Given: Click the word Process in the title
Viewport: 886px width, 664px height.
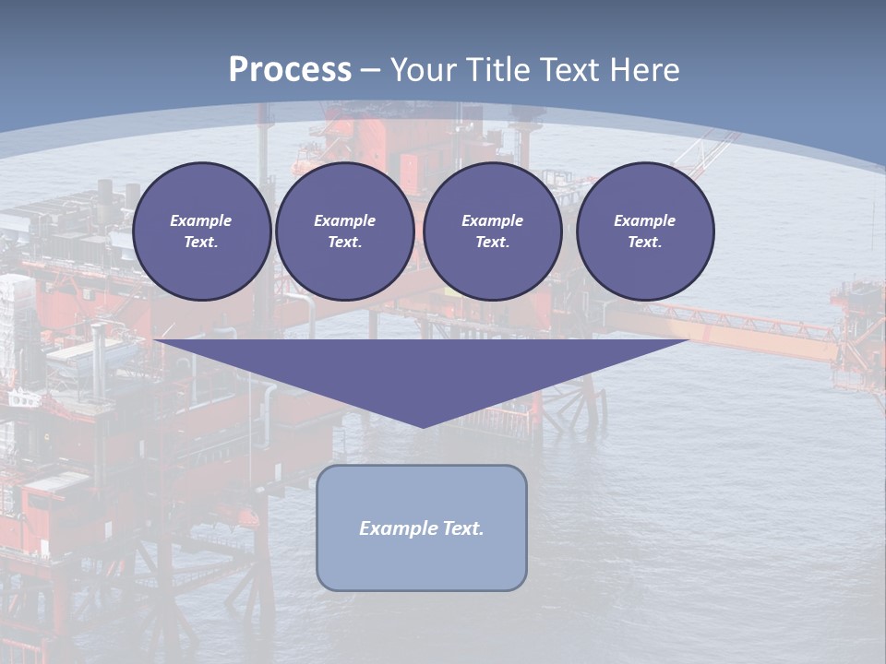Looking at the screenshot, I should (x=290, y=70).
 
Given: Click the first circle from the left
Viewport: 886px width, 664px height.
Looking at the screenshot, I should (x=201, y=231).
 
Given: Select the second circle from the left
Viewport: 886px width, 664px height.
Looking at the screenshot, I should (x=344, y=231).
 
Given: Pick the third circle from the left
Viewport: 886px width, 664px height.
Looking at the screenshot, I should (x=492, y=231).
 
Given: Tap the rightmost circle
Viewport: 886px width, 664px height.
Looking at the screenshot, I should (x=644, y=231).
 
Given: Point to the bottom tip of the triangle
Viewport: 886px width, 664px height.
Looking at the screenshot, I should (x=423, y=427).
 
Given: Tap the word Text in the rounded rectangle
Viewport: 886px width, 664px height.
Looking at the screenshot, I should (x=463, y=528).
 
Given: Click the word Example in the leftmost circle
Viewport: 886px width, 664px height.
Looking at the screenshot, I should (x=201, y=220).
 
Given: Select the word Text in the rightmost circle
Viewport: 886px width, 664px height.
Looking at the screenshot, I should (x=644, y=242).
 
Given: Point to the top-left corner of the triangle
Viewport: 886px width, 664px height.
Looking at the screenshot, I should (x=155, y=340).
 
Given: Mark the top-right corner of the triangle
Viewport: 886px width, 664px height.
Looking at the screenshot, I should (x=689, y=340).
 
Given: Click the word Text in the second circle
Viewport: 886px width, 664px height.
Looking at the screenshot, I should (x=344, y=242).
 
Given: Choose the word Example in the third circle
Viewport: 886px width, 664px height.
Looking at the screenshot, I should (x=492, y=220).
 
